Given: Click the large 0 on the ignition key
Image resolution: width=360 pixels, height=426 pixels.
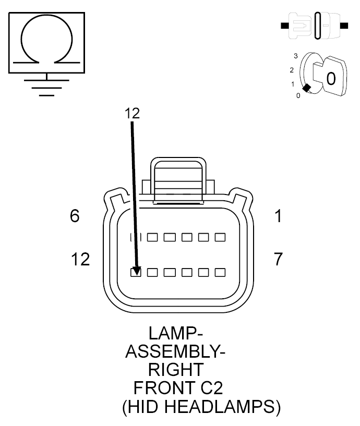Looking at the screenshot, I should point(331,79).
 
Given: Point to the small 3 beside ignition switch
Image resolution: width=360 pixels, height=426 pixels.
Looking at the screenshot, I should point(296,55).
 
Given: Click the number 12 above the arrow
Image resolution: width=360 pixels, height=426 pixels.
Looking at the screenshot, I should point(133,113).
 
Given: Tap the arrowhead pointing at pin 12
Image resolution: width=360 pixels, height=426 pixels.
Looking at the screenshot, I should point(136,270).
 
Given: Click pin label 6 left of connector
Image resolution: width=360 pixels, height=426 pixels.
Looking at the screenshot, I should point(75,216).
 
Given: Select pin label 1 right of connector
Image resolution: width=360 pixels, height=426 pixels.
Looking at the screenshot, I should point(279,216).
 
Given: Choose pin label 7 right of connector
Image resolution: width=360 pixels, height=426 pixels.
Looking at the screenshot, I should point(279,259).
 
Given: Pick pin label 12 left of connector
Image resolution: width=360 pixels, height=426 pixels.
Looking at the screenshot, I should point(80,259).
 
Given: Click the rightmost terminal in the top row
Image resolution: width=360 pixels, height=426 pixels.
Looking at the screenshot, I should point(220,237).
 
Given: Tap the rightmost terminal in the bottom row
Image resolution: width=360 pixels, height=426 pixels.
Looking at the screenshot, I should point(220,272).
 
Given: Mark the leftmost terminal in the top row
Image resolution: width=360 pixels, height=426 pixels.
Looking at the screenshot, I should point(136,237).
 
